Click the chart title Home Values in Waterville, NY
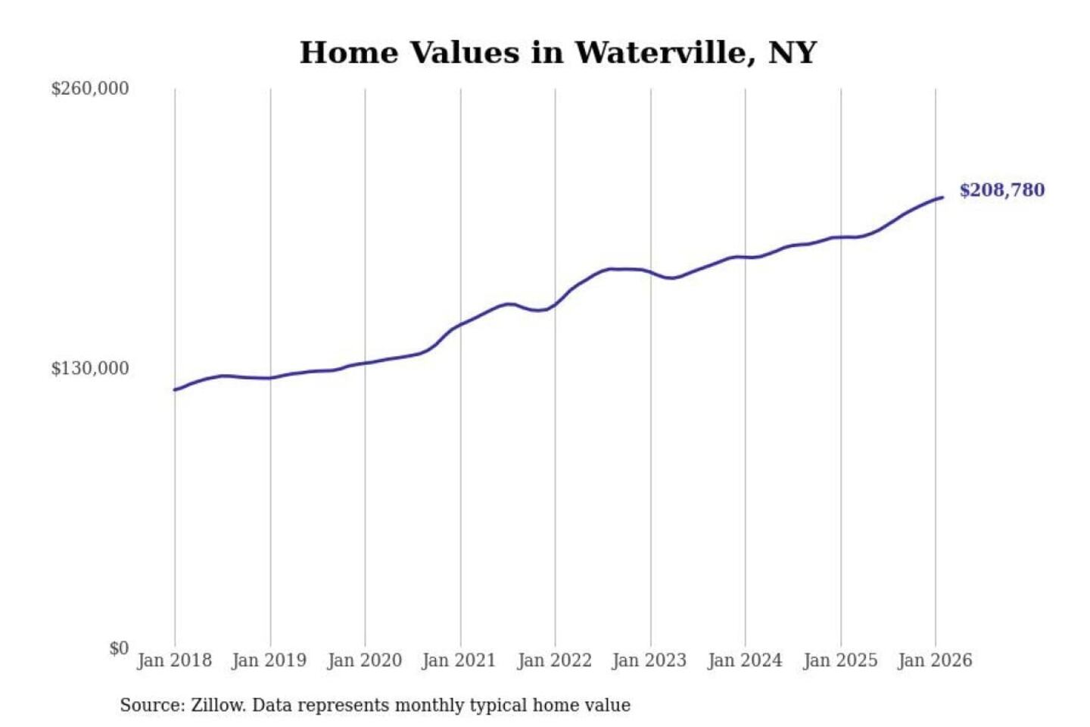(558, 52)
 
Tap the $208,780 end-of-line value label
(1001, 190)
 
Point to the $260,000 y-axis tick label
(90, 89)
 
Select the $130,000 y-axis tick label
(90, 369)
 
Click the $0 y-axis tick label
(119, 648)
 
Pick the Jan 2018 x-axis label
(174, 660)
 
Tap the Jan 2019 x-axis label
(269, 660)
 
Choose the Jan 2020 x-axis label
(364, 660)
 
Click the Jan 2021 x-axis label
(459, 660)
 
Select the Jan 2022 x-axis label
(554, 660)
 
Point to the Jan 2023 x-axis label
(649, 660)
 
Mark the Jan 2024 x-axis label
(744, 660)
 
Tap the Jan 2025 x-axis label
(839, 660)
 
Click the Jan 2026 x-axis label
(934, 660)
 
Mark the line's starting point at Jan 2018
(175, 390)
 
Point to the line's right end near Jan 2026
(942, 198)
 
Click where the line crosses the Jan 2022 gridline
(555, 305)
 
